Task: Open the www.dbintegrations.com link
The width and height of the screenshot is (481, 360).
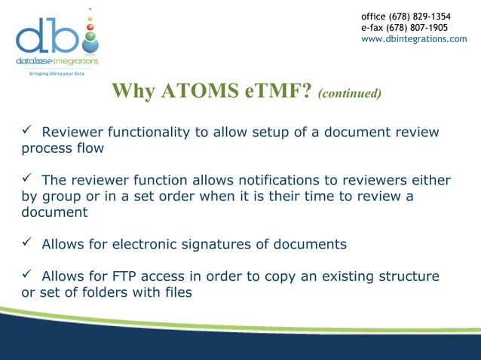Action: [414, 39]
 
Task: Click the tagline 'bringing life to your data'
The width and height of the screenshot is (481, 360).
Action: [57, 73]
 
